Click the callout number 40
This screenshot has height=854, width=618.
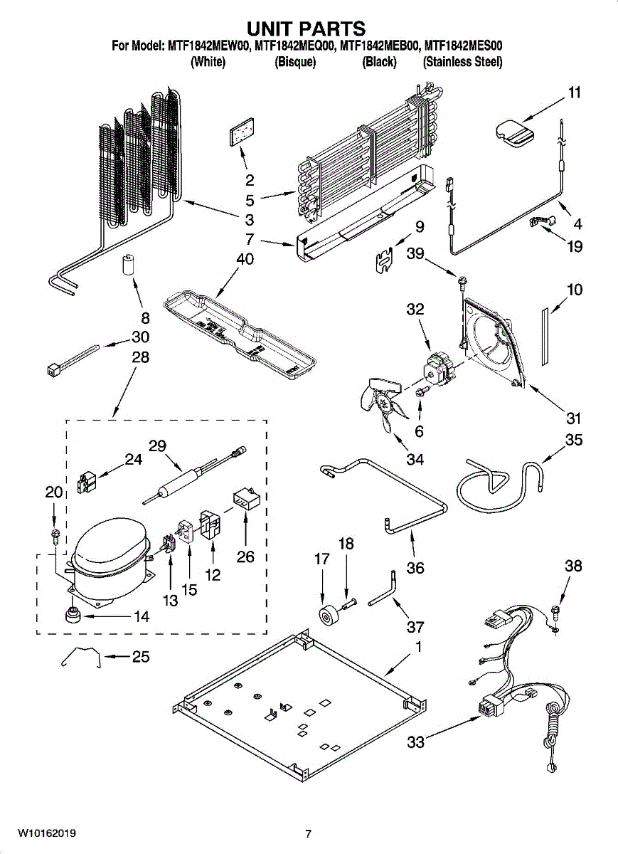click(x=245, y=259)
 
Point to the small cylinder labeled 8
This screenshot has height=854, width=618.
click(x=128, y=265)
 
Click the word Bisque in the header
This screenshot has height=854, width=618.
click(x=295, y=62)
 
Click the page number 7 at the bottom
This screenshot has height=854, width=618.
click(x=308, y=833)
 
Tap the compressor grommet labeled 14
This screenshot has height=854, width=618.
click(x=72, y=614)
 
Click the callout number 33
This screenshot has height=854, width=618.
click(x=416, y=742)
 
